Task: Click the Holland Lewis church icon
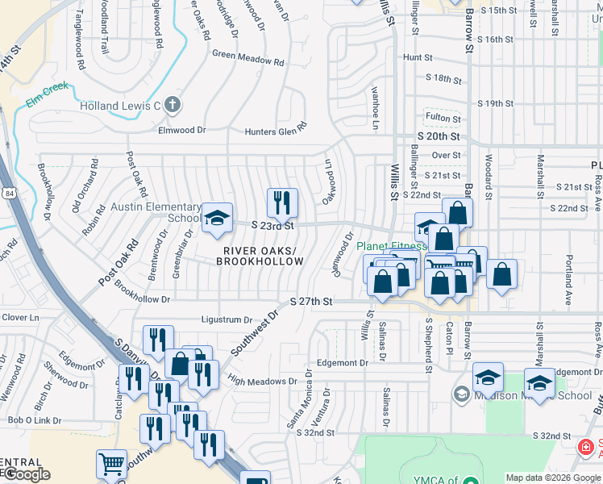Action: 172,104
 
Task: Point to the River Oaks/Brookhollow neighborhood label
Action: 260,256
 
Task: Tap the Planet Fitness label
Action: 393,246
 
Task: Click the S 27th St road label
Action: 311,301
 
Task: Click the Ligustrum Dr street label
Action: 227,319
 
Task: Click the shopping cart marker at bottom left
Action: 111,463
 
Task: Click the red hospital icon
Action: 585,447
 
